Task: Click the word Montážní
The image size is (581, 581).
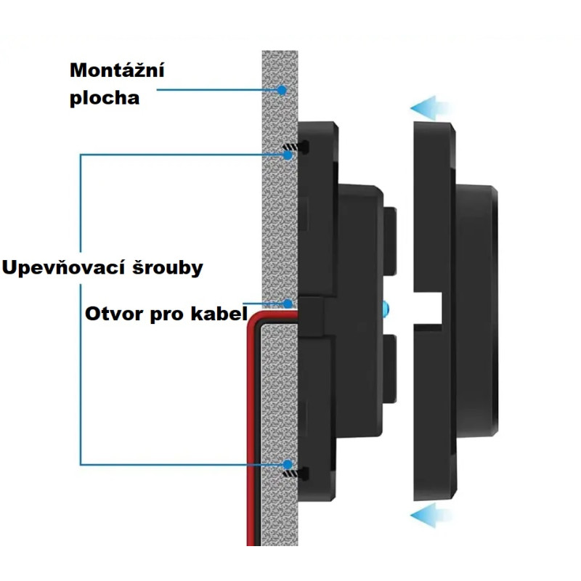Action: coord(117,71)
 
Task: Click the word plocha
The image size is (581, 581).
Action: coord(104,97)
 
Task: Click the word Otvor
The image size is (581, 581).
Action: coord(110,315)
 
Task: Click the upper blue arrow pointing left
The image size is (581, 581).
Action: coord(431,109)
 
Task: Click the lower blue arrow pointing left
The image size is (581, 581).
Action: coord(431,517)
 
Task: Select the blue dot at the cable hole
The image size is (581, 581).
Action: coord(287,304)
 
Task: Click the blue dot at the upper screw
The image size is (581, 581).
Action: coord(288,153)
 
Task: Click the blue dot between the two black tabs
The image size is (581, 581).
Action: coord(385,309)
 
